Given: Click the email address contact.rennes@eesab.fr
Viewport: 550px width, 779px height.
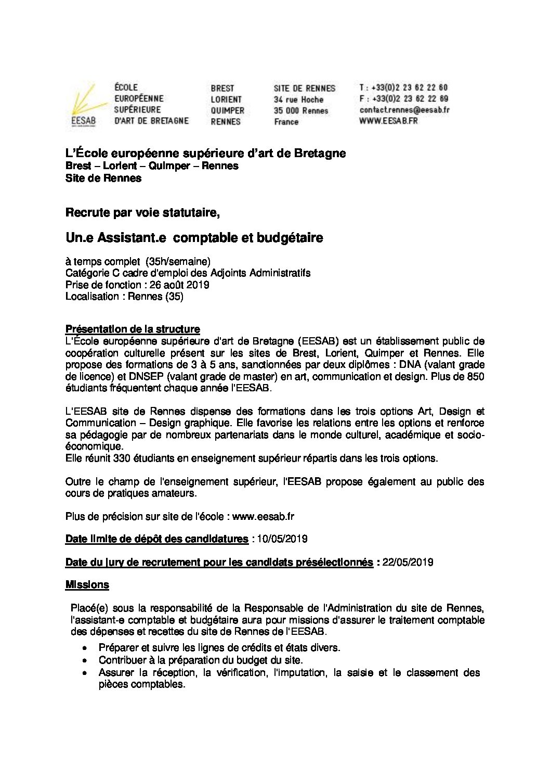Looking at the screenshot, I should pos(404,110).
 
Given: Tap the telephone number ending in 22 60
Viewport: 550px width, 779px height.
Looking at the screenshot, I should pos(403,88).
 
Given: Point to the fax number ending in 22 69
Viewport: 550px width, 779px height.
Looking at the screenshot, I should pos(403,99).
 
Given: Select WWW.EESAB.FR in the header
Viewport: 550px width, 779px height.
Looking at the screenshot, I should pos(388,121).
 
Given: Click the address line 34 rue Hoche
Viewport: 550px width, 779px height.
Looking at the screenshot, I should pos(298,99).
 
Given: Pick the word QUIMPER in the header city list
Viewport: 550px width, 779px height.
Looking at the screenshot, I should pos(227,111).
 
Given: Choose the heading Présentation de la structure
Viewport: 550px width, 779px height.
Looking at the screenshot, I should pos(133,329).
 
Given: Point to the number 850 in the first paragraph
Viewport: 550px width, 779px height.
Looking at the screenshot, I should pos(475,377).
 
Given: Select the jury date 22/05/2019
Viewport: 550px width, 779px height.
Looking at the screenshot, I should pos(408,563).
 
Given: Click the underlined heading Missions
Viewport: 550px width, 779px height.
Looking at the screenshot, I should pos(87,585).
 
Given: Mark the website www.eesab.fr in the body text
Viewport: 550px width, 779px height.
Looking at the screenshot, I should pos(264,517).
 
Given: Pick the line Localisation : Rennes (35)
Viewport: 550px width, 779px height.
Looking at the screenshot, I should pos(124,297).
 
